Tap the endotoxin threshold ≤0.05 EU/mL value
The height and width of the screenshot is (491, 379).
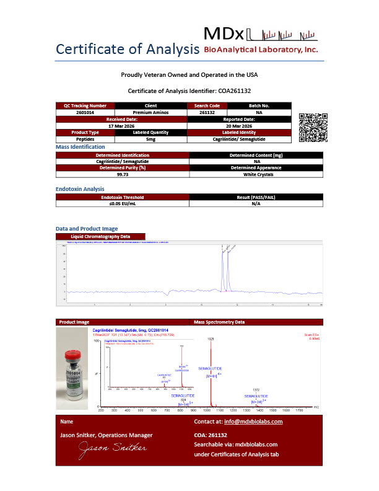tap(122, 203)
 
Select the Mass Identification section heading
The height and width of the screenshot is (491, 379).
tap(84, 147)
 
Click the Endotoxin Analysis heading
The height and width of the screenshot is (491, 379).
tap(80, 188)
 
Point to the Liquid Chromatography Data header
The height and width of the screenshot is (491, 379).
tap(100, 236)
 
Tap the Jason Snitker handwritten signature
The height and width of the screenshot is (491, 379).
tap(111, 448)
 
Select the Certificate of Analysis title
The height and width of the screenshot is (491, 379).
tap(127, 49)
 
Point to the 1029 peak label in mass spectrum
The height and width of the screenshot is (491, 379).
tap(211, 339)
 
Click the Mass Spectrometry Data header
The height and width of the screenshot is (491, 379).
tap(219, 322)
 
